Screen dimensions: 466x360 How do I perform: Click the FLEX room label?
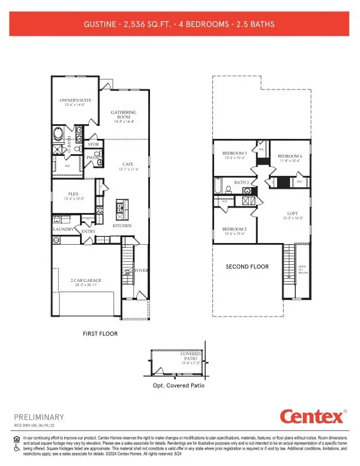(74, 193)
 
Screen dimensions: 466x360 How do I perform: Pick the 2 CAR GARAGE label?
(86, 281)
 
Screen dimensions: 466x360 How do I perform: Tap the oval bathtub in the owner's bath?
(59, 134)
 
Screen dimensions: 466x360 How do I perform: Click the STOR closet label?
(92, 144)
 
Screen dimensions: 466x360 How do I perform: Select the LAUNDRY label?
(62, 229)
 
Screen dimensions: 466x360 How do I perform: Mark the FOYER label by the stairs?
(141, 270)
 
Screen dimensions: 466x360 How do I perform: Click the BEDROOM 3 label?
(234, 153)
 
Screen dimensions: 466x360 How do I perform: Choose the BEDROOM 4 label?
(289, 157)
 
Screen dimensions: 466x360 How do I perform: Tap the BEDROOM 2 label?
(234, 229)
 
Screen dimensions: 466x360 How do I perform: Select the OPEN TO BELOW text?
(302, 269)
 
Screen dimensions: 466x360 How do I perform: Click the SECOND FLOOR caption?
(247, 267)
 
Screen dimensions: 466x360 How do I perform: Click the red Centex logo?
(311, 417)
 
